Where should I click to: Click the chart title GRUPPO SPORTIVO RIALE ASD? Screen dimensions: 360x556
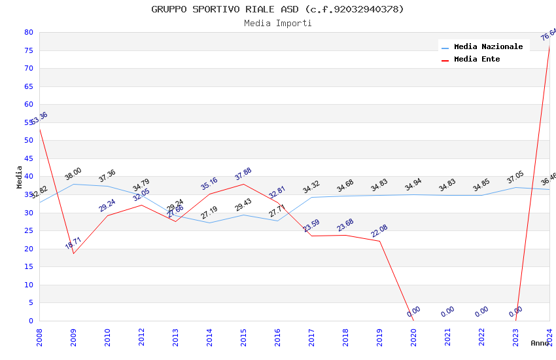pyautogui.click(x=277, y=9)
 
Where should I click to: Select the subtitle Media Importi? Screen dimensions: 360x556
pyautogui.click(x=277, y=23)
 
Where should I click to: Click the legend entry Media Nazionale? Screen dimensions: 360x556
pyautogui.click(x=488, y=46)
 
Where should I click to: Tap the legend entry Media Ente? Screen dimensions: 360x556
pyautogui.click(x=477, y=59)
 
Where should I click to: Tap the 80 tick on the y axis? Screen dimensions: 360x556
pyautogui.click(x=28, y=32)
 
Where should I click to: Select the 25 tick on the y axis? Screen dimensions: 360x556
pyautogui.click(x=28, y=230)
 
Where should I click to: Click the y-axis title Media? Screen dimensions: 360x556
pyautogui.click(x=19, y=177)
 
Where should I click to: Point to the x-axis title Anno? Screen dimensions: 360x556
pyautogui.click(x=540, y=343)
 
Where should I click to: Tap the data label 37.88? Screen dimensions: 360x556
pyautogui.click(x=243, y=174)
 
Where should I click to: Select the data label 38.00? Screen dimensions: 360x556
pyautogui.click(x=73, y=173)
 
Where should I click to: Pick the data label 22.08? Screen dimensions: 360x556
pyautogui.click(x=379, y=231)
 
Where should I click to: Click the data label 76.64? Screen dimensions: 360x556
pyautogui.click(x=548, y=34)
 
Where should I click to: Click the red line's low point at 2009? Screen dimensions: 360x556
pyautogui.click(x=73, y=253)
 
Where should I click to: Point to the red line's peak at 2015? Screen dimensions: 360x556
pyautogui.click(x=243, y=184)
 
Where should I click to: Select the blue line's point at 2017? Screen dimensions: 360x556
pyautogui.click(x=311, y=197)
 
